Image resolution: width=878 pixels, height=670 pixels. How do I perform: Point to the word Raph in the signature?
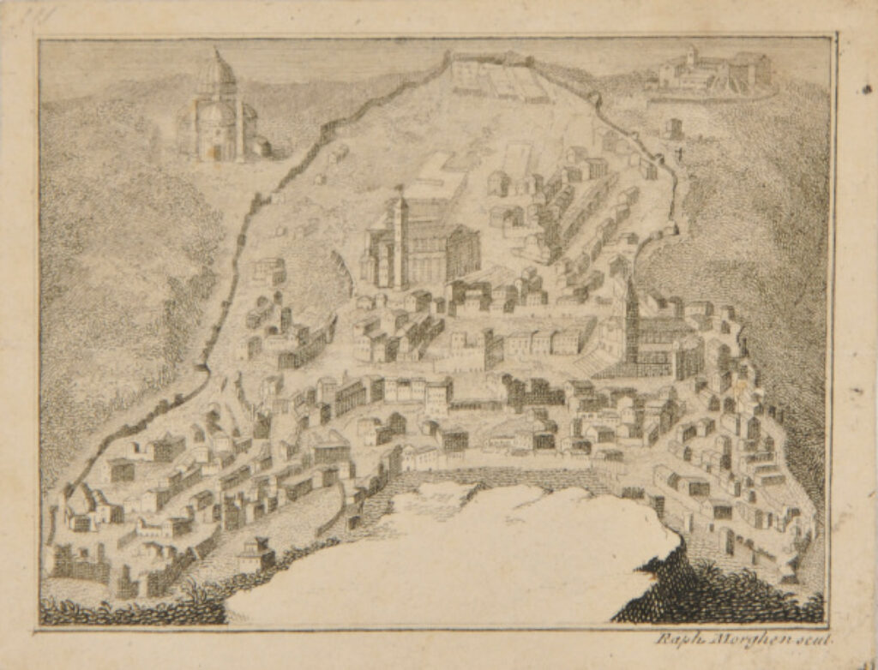(x=674, y=639)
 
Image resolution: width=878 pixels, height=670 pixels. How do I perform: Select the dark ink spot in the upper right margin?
(x=857, y=87)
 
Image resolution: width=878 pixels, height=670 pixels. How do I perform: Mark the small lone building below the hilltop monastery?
(x=674, y=128)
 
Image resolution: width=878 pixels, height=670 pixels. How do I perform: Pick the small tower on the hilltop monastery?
(x=689, y=57)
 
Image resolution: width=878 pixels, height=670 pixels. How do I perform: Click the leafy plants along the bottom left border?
(x=129, y=610)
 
